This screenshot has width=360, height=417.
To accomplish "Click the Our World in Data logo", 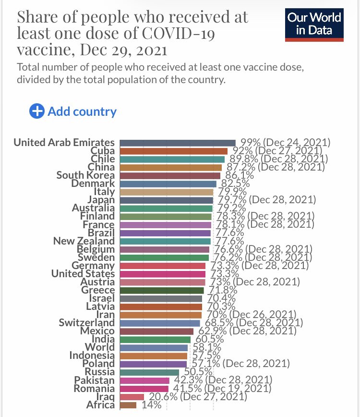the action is point(314,25).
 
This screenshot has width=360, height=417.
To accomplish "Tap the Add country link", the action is point(82,111).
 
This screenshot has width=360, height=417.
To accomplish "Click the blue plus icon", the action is point(36,111).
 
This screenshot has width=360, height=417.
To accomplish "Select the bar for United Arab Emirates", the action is point(178,143).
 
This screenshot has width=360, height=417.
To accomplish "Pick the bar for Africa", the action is point(128,405).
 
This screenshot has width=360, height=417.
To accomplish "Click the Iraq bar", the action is point(132,397).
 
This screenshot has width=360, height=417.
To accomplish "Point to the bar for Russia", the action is point(149,372).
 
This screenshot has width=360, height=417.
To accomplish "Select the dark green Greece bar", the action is point(162,290).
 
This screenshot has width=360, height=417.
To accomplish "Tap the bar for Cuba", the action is point(173,151).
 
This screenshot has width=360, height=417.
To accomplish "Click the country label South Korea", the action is point(85,175).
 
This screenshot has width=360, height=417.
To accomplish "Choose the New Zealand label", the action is point(84,241).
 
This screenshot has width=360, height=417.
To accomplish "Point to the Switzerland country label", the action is point(86,322).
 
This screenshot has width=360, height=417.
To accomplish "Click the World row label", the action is point(100,347).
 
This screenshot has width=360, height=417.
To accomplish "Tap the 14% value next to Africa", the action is point(151,405).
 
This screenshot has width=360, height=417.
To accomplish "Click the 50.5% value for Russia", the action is point(198,371).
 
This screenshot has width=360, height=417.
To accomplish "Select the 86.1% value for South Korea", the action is point(240,175).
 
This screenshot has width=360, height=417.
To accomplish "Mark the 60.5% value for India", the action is point(210,339).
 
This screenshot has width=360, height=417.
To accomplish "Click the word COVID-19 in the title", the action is point(178,33).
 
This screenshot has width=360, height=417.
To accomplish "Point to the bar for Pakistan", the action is point(144,380).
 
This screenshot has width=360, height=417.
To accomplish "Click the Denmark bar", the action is point(168,184).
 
